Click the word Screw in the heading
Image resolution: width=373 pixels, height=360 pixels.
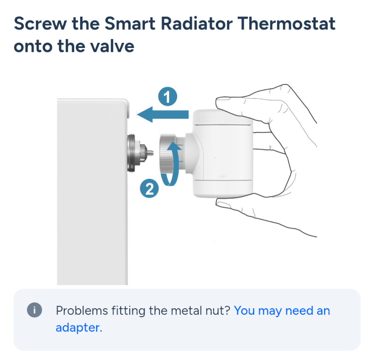coord(41,24)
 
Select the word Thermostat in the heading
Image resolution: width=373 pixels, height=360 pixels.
coord(286,24)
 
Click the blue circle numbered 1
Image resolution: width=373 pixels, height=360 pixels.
coord(168,96)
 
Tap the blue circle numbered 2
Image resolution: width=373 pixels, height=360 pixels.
coord(149,189)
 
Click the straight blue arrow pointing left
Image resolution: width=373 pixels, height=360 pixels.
coord(163,114)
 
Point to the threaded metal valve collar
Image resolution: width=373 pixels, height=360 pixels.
coord(131,153)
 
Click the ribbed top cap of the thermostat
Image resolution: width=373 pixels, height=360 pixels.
coord(222,117)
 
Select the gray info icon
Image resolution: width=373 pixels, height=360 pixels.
coord(35,310)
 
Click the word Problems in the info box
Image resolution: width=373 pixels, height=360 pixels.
coord(82,311)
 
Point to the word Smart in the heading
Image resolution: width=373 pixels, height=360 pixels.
coord(130,24)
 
